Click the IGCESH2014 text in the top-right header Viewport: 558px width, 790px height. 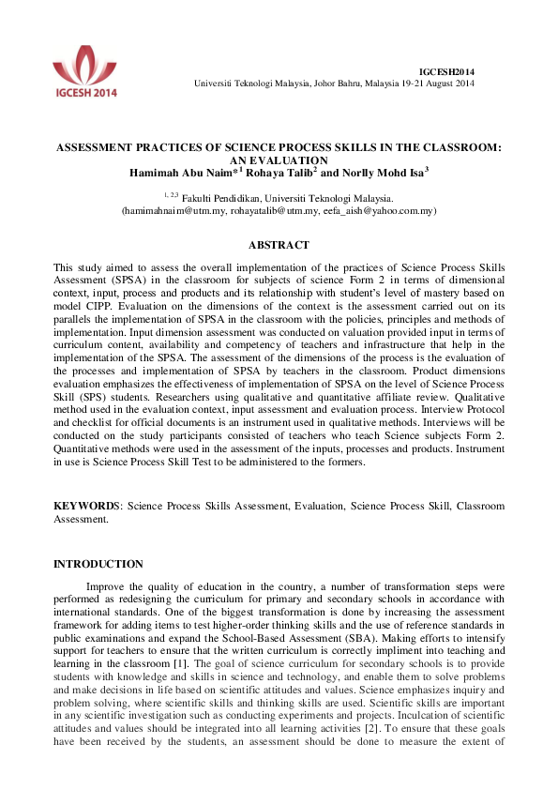pyautogui.click(x=446, y=71)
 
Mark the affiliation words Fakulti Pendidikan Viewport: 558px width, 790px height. pyautogui.click(x=220, y=198)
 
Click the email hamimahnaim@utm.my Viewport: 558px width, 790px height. pyautogui.click(x=174, y=211)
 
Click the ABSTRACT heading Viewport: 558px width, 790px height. pyautogui.click(x=279, y=246)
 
